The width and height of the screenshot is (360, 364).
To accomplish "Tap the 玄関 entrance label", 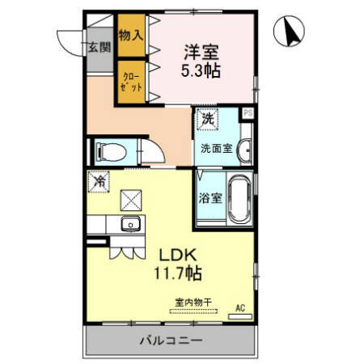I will [x=100, y=46].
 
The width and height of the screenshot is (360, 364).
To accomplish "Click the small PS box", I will [x=248, y=114].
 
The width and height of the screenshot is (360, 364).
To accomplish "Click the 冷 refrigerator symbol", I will [x=98, y=184].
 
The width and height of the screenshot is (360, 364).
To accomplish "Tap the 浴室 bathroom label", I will [x=208, y=197].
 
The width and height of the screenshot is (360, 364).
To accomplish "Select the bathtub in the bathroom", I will [x=238, y=198].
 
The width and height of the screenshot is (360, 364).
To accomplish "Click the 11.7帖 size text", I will [x=179, y=274].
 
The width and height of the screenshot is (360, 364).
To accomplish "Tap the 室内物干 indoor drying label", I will [x=193, y=303].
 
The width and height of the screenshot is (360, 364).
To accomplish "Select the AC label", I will [x=240, y=307].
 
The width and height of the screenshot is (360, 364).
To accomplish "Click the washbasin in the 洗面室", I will [x=244, y=149].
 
